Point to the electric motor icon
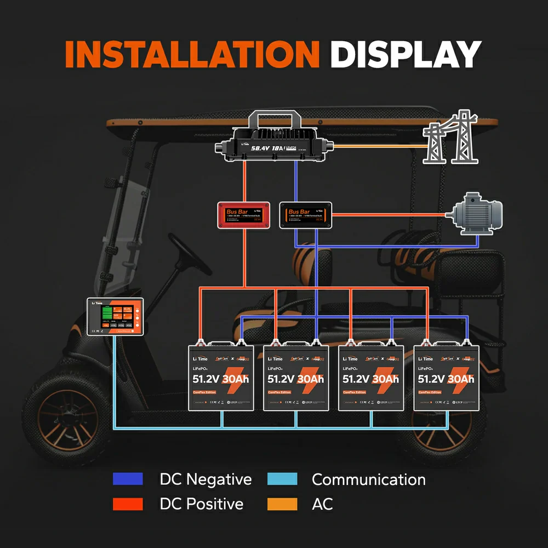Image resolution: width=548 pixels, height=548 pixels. [x=475, y=213]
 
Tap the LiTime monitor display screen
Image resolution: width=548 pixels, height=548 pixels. [x=115, y=317]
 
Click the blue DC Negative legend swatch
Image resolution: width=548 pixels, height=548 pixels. [x=128, y=479]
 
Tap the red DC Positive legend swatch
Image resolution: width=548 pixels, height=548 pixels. [x=128, y=504]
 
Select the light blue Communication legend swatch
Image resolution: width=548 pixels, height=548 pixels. [x=282, y=479]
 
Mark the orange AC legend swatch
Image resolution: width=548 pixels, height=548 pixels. [x=282, y=504]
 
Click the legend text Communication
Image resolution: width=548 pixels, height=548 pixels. [x=368, y=480]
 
